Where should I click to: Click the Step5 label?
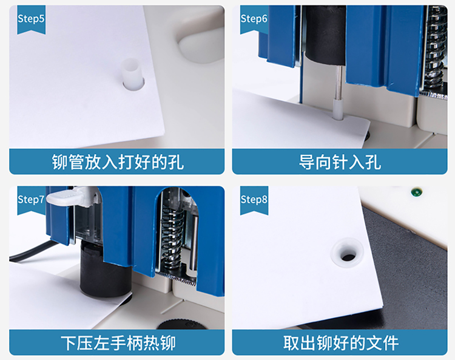pyautogui.click(x=31, y=19)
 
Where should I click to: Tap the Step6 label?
pyautogui.click(x=254, y=19)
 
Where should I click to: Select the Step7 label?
pyautogui.click(x=31, y=199)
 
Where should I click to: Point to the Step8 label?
pyautogui.click(x=254, y=199)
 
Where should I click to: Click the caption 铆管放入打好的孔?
pyautogui.click(x=118, y=161)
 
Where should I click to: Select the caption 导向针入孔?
pyautogui.click(x=340, y=161)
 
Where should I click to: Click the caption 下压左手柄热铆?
pyautogui.click(x=118, y=343)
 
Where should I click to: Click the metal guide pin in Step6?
pyautogui.click(x=339, y=82)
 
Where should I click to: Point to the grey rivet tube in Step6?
pyautogui.click(x=337, y=109)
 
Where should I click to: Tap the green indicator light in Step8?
pyautogui.click(x=416, y=192)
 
